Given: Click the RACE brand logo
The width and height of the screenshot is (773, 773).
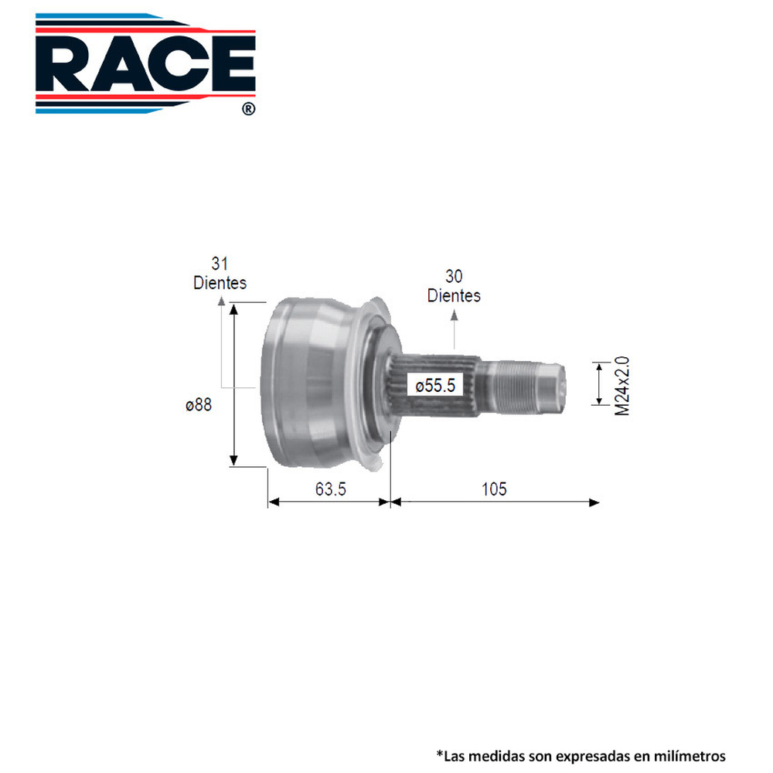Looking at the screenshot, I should click(x=145, y=62).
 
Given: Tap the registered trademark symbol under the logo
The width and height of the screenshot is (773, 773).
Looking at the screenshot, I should click(x=247, y=110).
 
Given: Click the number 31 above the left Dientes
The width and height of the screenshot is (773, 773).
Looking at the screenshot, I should click(x=220, y=264).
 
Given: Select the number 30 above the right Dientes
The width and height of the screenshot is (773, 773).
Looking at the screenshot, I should click(x=454, y=277).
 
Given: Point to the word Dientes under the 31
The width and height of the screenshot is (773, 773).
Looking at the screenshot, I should click(x=220, y=283).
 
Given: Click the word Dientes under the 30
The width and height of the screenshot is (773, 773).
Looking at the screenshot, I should click(x=454, y=295).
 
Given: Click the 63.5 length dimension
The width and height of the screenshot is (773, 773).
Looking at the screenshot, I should click(x=329, y=489).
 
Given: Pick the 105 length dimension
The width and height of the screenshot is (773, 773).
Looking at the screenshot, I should click(x=493, y=489).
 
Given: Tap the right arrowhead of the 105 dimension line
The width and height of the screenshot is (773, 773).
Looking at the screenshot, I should click(x=594, y=502).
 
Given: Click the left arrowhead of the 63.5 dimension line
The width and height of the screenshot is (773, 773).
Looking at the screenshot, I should click(x=273, y=502).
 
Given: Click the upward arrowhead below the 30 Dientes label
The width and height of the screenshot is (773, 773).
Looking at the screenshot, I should click(x=454, y=315).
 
